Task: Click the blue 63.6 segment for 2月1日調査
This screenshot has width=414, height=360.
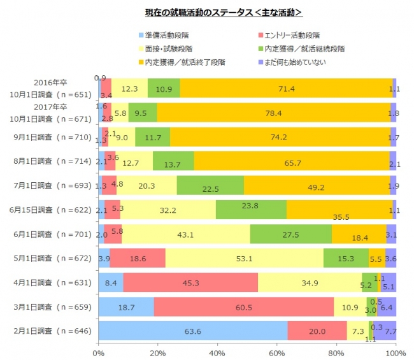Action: click(x=193, y=331)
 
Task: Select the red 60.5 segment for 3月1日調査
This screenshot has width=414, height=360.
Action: click(x=244, y=306)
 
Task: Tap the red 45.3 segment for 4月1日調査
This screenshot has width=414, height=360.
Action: click(x=190, y=282)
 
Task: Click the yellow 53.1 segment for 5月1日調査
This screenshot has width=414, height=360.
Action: click(x=244, y=258)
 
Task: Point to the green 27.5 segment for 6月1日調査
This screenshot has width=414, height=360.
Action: click(x=290, y=234)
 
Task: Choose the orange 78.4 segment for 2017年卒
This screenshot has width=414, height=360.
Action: click(x=274, y=113)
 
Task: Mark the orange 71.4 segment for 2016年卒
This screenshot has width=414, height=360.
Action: click(x=286, y=89)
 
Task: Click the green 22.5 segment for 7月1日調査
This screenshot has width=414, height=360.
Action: click(x=210, y=185)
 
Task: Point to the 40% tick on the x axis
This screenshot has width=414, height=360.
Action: click(x=217, y=352)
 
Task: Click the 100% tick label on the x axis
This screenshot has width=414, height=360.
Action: click(x=395, y=352)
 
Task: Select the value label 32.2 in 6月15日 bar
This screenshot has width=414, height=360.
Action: click(x=168, y=210)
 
